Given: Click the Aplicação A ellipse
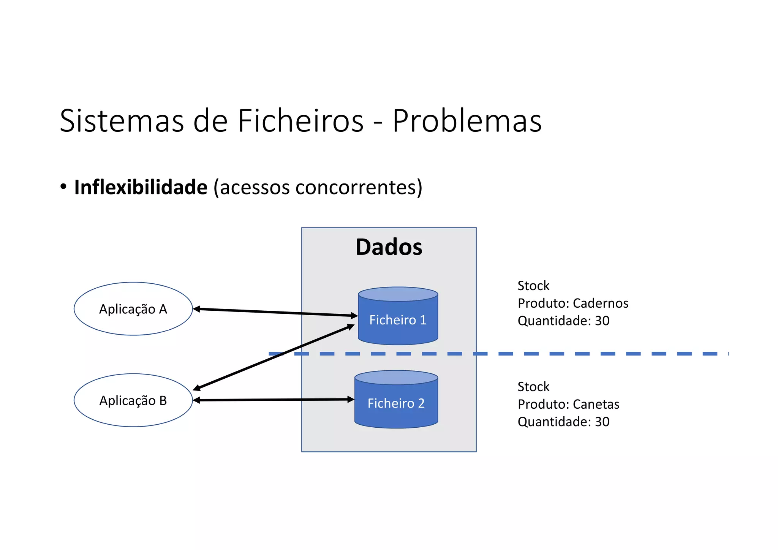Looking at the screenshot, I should click(x=133, y=309).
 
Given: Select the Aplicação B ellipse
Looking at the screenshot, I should click(x=133, y=400).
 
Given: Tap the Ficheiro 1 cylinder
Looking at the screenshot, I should click(x=398, y=320).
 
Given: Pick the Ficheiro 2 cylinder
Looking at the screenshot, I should click(x=396, y=403).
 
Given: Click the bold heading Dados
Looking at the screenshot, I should click(x=389, y=247).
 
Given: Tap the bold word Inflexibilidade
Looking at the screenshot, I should click(x=141, y=187).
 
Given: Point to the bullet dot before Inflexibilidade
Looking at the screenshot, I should click(x=63, y=186).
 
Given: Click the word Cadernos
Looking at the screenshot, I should click(x=600, y=303).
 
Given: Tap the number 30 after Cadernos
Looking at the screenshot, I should click(x=602, y=321).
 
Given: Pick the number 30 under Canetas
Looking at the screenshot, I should click(x=602, y=422).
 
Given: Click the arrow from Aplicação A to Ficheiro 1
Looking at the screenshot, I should click(x=275, y=312).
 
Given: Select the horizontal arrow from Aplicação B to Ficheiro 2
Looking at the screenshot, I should click(x=274, y=400).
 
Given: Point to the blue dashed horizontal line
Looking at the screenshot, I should click(x=570, y=354).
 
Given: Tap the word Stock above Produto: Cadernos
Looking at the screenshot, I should click(x=533, y=286).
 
